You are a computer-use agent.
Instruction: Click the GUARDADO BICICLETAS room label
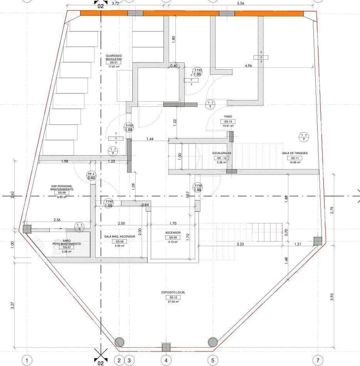113,57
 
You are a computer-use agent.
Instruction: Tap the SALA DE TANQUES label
293,153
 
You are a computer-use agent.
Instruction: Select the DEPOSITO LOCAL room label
173,293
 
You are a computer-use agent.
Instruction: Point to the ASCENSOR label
173,233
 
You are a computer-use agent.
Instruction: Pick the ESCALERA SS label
222,153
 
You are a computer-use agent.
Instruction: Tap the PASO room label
228,116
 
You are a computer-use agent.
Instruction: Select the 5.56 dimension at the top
240,3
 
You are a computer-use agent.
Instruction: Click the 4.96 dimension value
248,66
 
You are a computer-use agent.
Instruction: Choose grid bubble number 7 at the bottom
318,360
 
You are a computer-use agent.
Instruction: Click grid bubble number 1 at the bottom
27,360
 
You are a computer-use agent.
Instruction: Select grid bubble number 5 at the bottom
213,360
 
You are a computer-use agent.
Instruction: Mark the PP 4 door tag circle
91,176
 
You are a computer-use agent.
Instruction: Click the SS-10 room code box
173,297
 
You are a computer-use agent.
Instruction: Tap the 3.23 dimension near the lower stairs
240,244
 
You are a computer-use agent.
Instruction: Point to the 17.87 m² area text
113,67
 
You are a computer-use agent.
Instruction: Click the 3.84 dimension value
145,205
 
